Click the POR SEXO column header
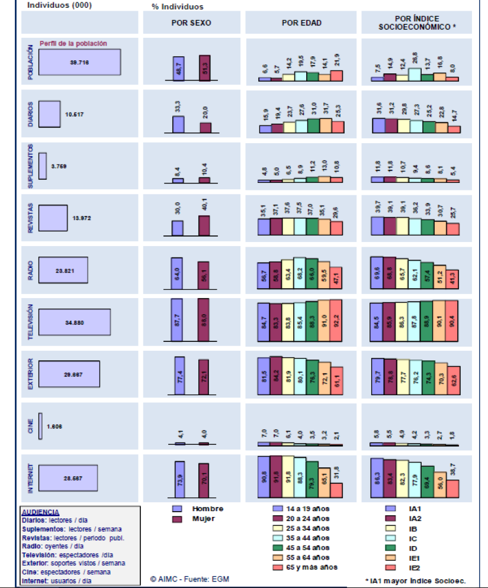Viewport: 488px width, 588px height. [x=191, y=23]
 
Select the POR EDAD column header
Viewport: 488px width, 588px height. [x=301, y=23]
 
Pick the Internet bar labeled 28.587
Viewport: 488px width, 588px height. [x=68, y=477]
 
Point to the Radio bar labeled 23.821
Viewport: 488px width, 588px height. [x=63, y=270]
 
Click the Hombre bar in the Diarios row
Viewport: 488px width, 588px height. [x=178, y=124]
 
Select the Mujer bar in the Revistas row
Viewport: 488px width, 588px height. [x=204, y=225]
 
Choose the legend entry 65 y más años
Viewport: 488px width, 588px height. [x=303, y=568]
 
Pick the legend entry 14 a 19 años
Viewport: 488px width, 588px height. [x=303, y=508]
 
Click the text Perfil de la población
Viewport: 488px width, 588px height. [x=73, y=43]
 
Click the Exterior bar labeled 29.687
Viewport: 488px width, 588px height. [x=69, y=374]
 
